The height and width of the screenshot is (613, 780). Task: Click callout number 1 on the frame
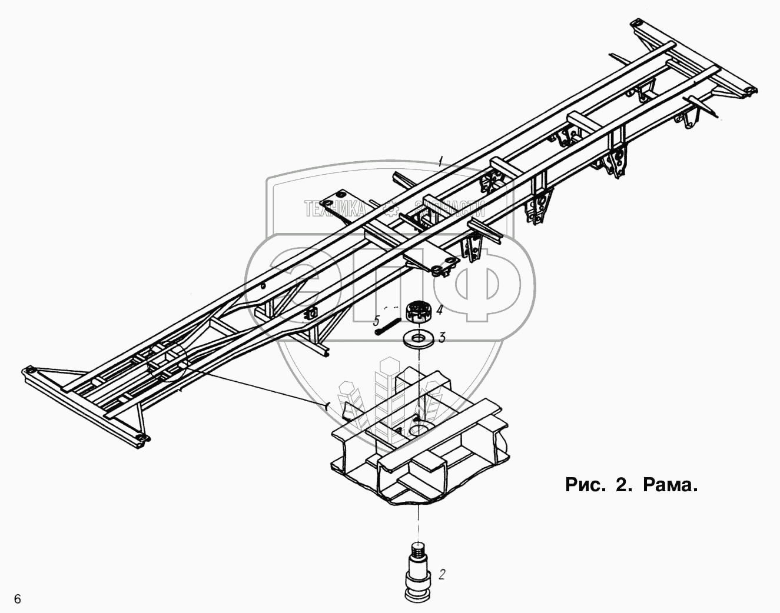click(x=440, y=159)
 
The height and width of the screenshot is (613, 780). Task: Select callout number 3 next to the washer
click(x=442, y=337)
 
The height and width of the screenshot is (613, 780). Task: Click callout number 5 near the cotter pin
click(x=376, y=321)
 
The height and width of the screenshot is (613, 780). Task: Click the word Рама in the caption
click(x=670, y=485)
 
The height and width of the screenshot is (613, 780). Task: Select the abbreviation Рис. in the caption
click(x=585, y=485)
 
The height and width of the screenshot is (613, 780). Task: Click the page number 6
click(x=18, y=599)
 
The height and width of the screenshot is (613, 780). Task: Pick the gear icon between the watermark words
click(x=389, y=207)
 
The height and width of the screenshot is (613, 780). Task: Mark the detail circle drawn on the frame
click(x=167, y=362)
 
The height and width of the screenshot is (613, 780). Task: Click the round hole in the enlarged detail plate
click(x=421, y=428)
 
